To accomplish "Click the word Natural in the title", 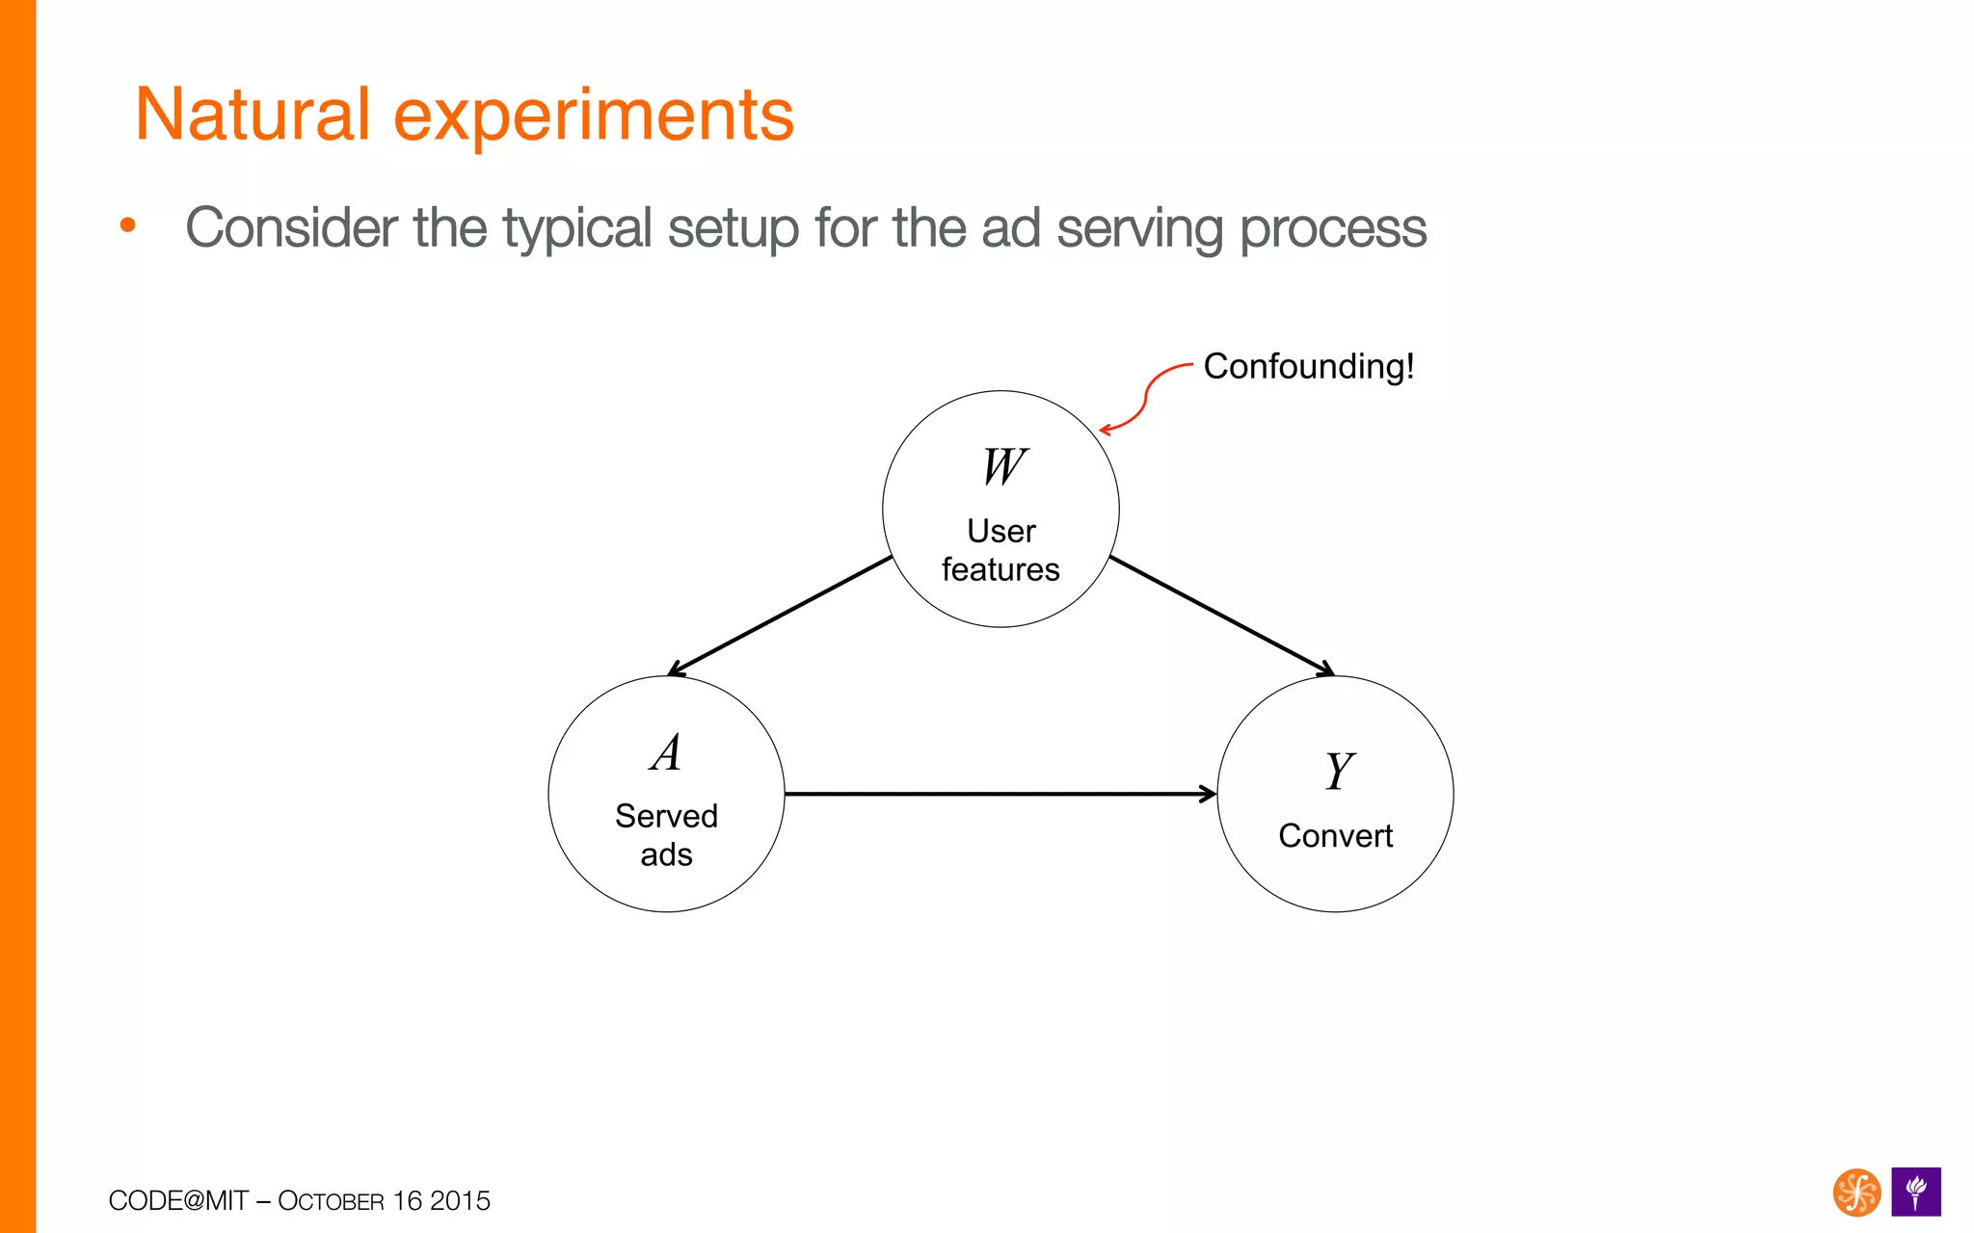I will (253, 115).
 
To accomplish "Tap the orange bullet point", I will (127, 226).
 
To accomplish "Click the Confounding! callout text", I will (1308, 367).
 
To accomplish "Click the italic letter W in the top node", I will (1003, 467).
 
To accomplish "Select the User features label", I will (1000, 550).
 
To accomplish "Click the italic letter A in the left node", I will (666, 753).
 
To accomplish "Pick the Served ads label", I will (666, 835).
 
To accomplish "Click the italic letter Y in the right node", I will (1338, 772).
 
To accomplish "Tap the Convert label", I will (1335, 836).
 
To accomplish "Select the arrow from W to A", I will (781, 616).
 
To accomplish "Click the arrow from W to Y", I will (1222, 616).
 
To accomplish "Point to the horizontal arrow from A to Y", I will (1000, 794).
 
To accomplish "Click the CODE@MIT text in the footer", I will (178, 1201).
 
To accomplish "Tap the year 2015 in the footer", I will (460, 1201).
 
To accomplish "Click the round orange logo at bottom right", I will (1855, 1193).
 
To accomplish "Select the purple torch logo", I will (1915, 1193).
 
